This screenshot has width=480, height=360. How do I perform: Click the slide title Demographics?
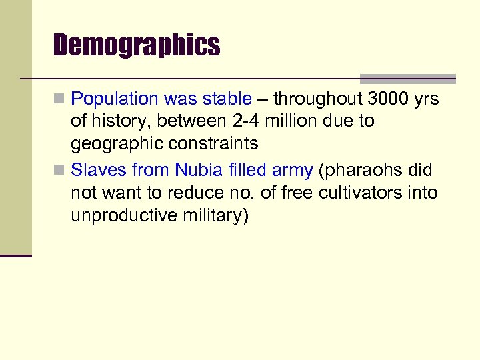[137, 45]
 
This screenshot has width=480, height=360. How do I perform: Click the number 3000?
[389, 99]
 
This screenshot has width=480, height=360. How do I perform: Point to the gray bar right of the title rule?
[407, 78]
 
